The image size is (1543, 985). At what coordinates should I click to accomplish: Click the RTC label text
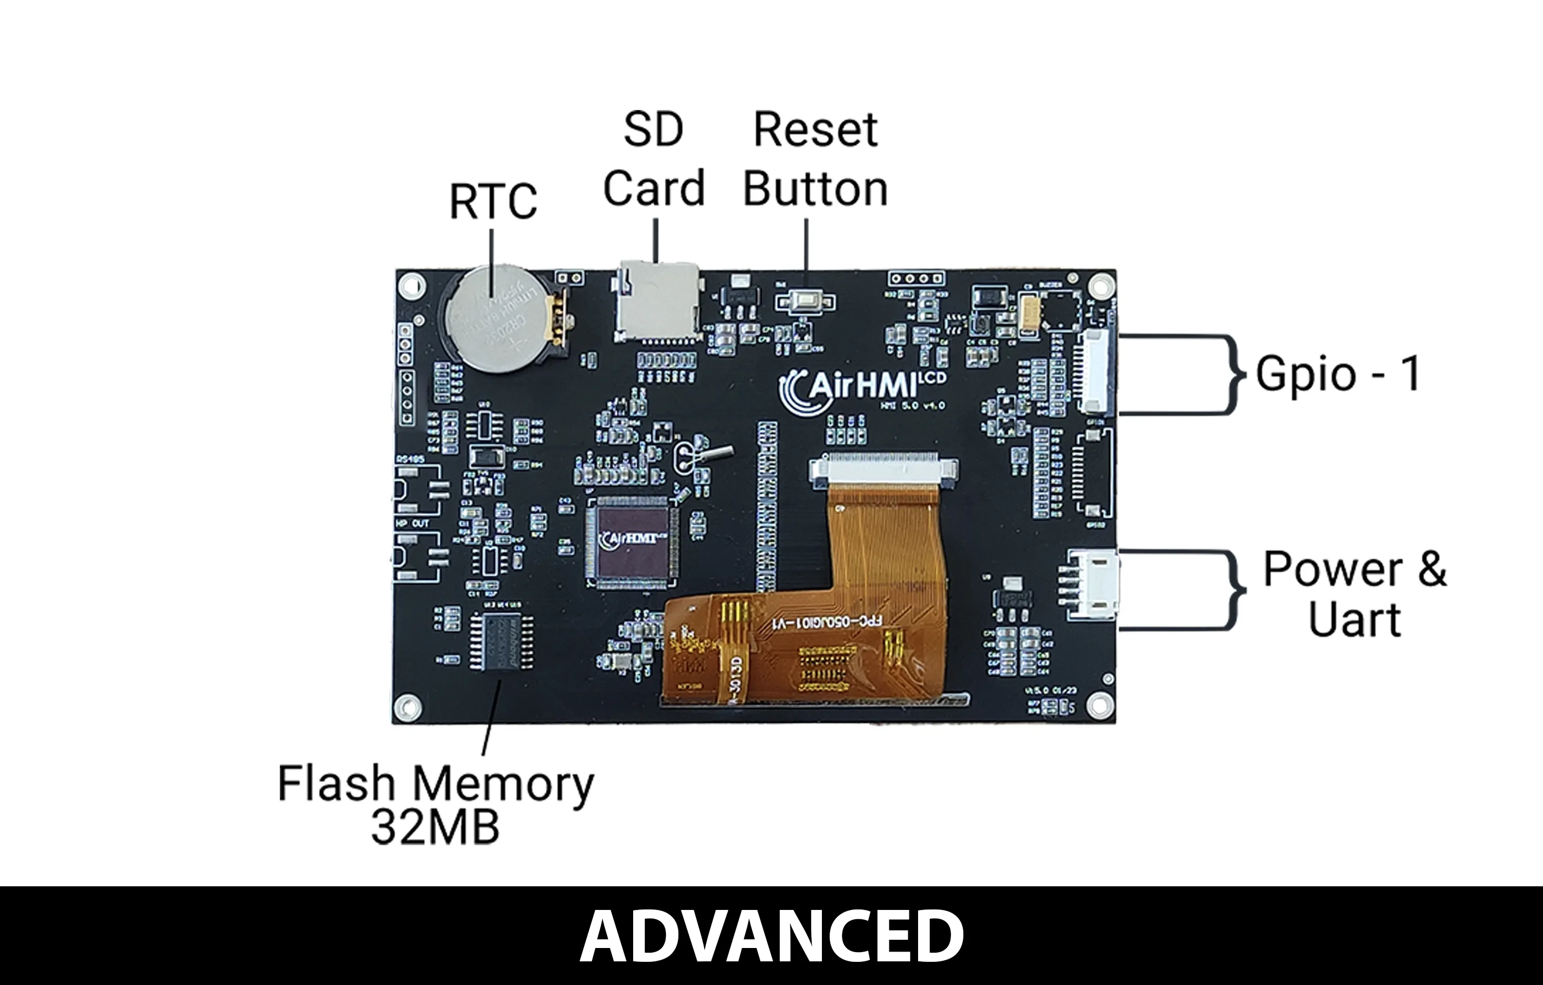click(x=493, y=201)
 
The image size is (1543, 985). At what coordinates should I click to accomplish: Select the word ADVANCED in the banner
click(x=771, y=936)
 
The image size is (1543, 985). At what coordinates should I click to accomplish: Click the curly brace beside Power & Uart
click(x=1233, y=589)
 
